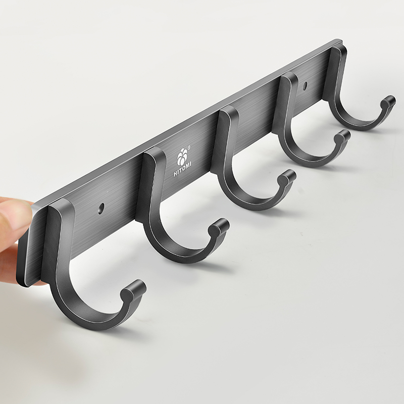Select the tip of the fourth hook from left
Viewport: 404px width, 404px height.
coord(343,136)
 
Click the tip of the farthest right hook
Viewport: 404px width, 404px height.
coord(388,102)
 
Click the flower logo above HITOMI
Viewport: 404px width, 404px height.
coord(182,157)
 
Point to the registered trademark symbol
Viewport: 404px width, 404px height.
coord(189,148)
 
